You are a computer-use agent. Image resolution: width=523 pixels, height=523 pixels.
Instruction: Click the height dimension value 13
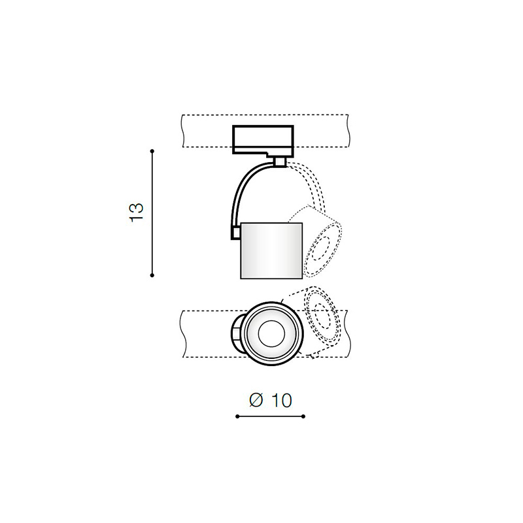click(x=137, y=212)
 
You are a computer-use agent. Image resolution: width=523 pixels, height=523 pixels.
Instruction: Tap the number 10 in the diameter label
click(x=282, y=400)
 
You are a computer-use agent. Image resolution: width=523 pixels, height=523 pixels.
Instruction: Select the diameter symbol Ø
click(x=256, y=400)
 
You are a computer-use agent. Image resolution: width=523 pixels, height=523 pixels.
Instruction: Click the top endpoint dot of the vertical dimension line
click(x=152, y=151)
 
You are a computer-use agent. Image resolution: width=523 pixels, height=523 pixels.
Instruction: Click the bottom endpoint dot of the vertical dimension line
click(x=152, y=275)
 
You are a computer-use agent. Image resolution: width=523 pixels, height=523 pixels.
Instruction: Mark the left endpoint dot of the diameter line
click(x=237, y=416)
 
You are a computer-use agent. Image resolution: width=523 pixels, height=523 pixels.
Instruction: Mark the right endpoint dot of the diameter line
click(x=303, y=416)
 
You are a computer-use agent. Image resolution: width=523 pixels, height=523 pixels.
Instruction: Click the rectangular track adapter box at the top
click(x=263, y=140)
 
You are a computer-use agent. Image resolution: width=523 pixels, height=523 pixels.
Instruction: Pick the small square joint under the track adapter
click(x=280, y=161)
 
